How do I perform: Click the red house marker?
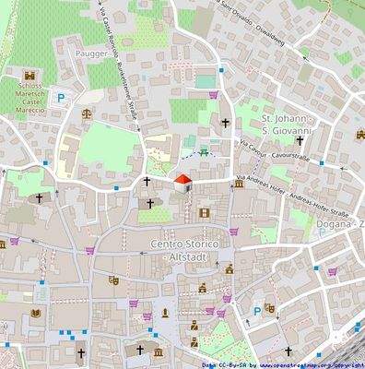coord(182,181)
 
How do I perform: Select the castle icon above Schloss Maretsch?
coord(28,75)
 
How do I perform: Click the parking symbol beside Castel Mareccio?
coord(62,97)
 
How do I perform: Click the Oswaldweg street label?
coord(277,17)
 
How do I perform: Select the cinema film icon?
coord(204,213)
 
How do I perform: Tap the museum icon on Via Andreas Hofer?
coord(240,184)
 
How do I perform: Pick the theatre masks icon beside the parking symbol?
coord(269,308)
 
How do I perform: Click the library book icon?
coord(35,314)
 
